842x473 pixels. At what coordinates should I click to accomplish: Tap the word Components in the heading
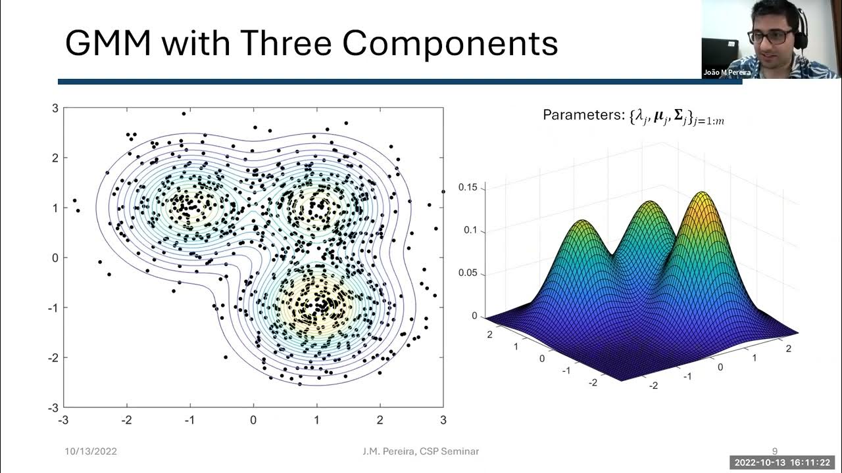(x=451, y=45)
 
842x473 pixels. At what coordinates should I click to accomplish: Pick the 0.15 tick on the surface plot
(x=468, y=188)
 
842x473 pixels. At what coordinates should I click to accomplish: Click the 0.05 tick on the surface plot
(x=468, y=273)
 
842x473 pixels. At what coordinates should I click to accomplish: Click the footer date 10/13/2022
(x=91, y=451)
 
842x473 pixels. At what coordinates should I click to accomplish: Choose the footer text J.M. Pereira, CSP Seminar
(x=420, y=451)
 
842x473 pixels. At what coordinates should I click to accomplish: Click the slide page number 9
(x=774, y=451)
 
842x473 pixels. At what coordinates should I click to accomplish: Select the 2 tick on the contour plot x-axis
(x=380, y=420)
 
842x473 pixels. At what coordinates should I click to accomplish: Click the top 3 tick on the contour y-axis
(x=56, y=108)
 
